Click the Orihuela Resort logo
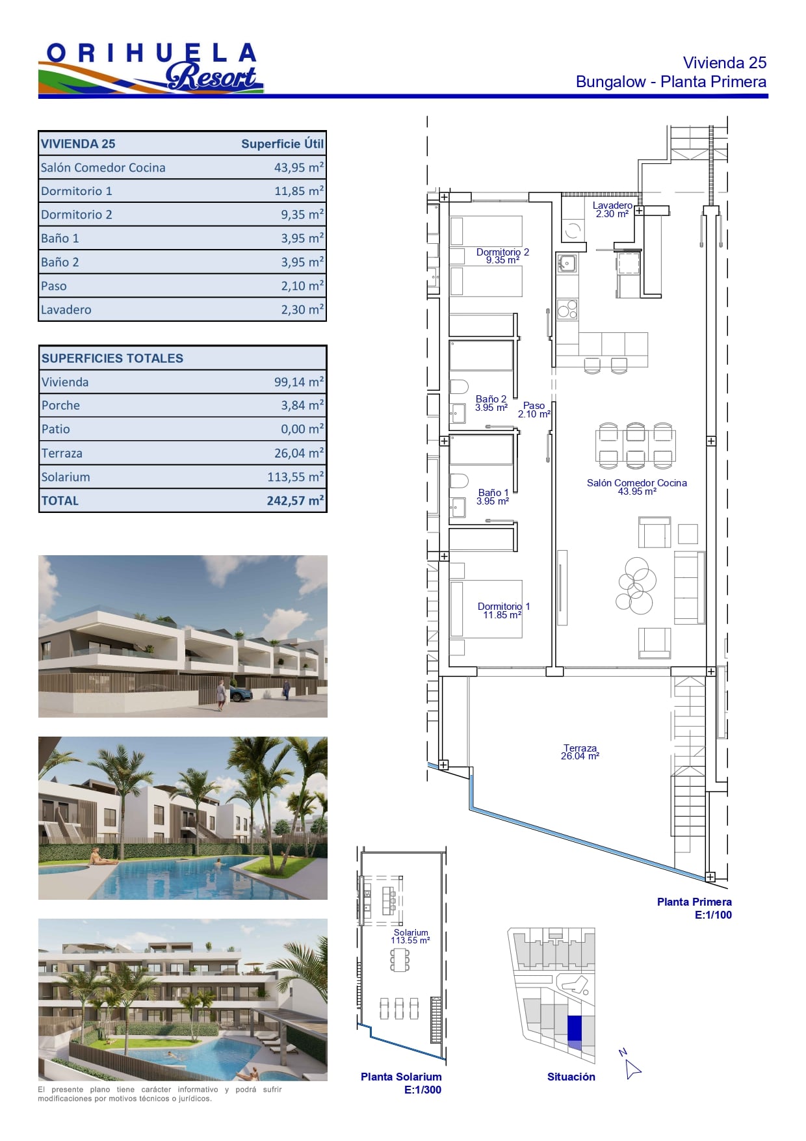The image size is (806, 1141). [x=151, y=68]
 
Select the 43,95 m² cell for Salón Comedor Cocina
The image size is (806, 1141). [x=298, y=167]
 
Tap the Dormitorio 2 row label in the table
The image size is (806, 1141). [x=77, y=215]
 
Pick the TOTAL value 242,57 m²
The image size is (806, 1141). [x=295, y=501]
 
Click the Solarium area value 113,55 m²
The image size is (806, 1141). [x=295, y=477]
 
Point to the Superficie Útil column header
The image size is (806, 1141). [x=282, y=144]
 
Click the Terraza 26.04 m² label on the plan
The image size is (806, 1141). [x=580, y=752]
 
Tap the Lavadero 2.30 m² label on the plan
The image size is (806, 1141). [x=612, y=209]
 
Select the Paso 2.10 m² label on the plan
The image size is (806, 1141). [x=534, y=410]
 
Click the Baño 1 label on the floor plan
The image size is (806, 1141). [x=493, y=497]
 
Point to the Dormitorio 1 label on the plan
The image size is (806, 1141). [x=503, y=610]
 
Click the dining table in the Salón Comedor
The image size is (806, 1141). [x=636, y=445]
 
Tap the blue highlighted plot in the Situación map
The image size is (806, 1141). [x=575, y=1029]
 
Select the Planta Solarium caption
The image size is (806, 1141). [x=401, y=1077]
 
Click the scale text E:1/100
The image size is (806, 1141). [x=713, y=915]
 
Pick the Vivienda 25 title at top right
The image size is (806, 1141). [x=725, y=62]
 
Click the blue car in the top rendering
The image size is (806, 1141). [x=241, y=694]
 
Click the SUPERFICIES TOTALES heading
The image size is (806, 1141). [x=112, y=358]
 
